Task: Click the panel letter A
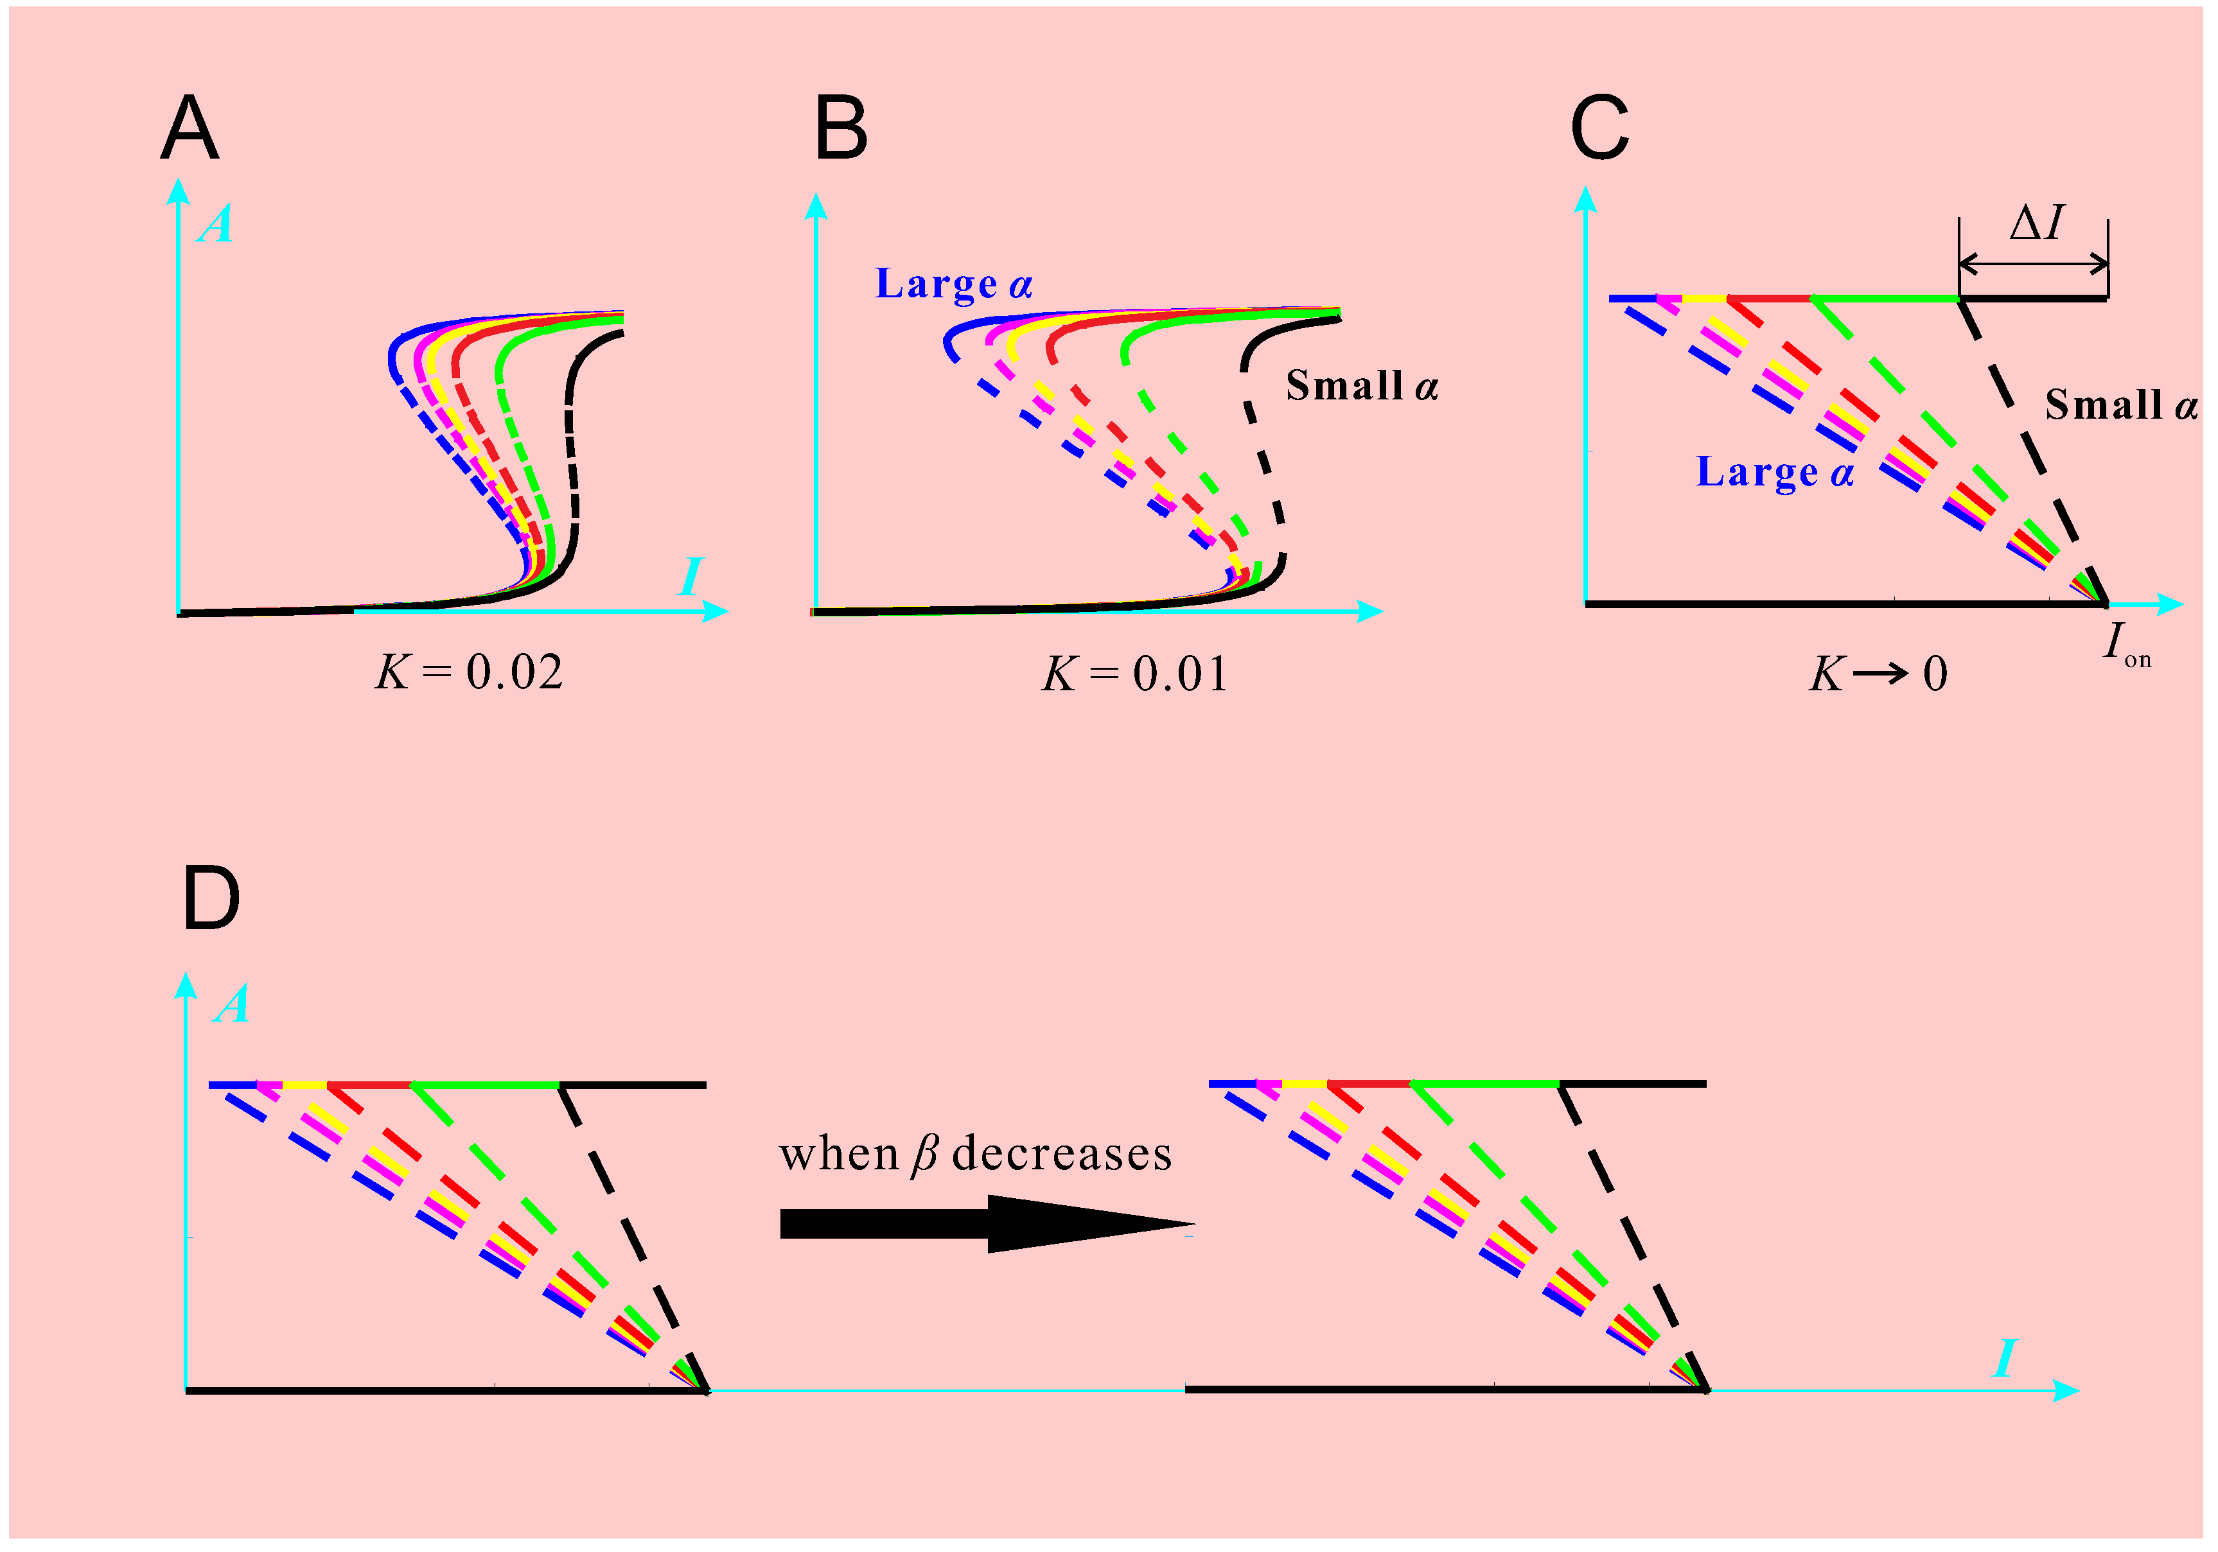pos(189,128)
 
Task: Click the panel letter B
pos(840,128)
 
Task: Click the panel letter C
pos(1599,128)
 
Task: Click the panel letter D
pos(211,898)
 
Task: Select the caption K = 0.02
pos(468,672)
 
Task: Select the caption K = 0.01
pos(1135,674)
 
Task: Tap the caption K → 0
pos(1877,674)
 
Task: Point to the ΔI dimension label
pos(2036,223)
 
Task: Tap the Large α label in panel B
pos(953,284)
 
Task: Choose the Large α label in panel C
pos(1775,472)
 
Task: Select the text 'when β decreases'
pos(976,1154)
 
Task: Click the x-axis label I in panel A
pos(691,577)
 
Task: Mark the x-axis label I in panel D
pos(2005,1359)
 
